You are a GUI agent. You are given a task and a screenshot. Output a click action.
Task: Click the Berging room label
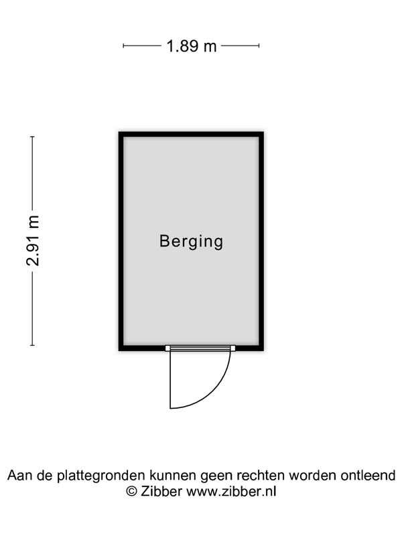point(191,242)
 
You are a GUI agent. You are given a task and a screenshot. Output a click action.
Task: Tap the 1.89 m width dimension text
point(192,46)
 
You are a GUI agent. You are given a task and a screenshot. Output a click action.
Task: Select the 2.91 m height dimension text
point(33,241)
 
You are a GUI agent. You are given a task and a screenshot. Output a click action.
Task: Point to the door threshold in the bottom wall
point(200,348)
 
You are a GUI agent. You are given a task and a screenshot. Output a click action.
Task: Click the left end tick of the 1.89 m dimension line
point(123,46)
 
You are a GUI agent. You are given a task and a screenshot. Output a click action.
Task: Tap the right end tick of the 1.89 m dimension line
point(259,46)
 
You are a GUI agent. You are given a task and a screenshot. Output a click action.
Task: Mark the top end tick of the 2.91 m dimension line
point(32,137)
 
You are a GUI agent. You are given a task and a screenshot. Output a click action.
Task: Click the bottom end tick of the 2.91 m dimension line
point(32,345)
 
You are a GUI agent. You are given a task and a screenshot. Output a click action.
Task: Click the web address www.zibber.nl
point(231,492)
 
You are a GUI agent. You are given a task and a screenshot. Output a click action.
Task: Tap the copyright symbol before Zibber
point(131,492)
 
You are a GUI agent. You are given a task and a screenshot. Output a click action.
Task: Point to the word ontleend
point(368,475)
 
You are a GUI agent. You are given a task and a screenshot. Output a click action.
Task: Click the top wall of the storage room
point(191,135)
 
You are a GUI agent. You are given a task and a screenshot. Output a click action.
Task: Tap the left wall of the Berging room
point(121,241)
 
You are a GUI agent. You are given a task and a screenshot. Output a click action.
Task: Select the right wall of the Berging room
point(261,241)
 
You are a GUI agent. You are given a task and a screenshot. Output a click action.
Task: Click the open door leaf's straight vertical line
point(170,379)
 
